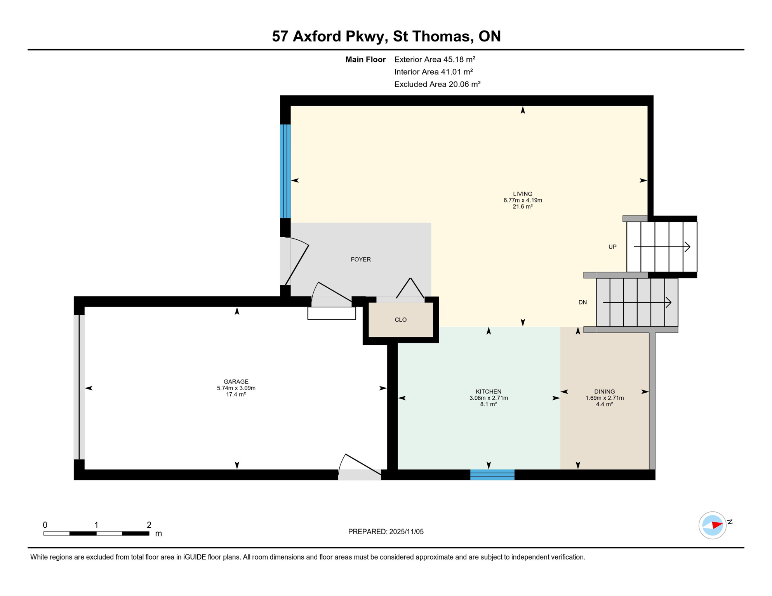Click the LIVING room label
pos(522,194)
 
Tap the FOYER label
pos(360,259)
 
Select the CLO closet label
pos(400,320)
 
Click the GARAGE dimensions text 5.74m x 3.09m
pos(236,388)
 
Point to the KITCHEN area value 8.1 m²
pos(488,404)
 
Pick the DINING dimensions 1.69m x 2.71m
pos(604,398)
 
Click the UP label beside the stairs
pos(612,247)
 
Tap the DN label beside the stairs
pos(582,302)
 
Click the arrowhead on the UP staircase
pos(687,247)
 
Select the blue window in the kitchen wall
pos(492,475)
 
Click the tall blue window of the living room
pos(285,171)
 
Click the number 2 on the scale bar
pos(149,525)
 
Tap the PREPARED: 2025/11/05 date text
pos(386,532)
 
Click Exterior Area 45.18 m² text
pos(435,59)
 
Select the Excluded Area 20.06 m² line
pos(437,84)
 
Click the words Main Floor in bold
pos(365,59)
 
